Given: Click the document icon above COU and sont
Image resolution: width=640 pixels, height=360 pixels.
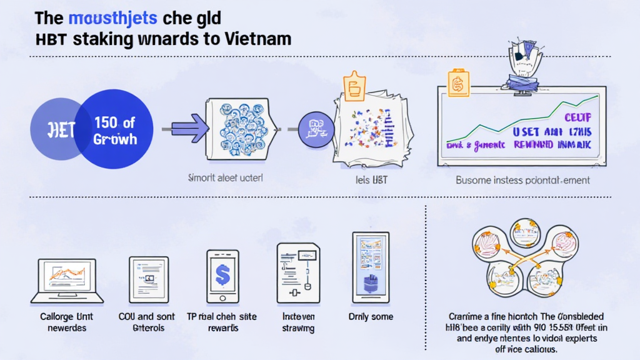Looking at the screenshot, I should (145, 279).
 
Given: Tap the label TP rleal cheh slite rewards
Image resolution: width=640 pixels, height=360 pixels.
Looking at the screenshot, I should (222, 322).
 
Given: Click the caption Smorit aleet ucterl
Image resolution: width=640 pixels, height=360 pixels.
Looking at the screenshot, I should (226, 177).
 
